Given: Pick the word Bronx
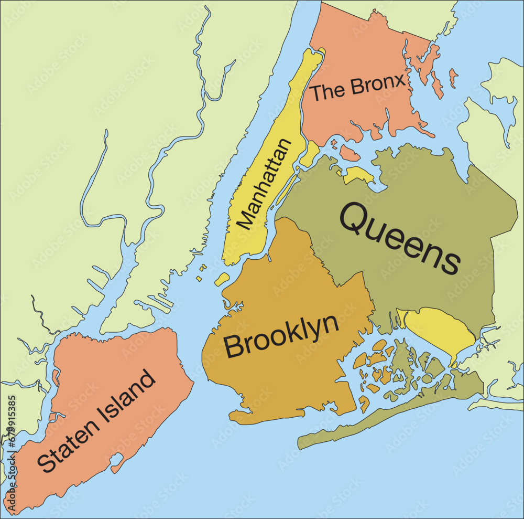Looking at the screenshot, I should click(x=378, y=85).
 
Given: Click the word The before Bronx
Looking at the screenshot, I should click(x=328, y=92).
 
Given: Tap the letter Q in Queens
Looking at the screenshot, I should click(x=357, y=220).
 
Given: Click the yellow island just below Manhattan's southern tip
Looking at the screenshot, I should click(x=222, y=279).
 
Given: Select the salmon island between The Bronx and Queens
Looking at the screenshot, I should click(x=349, y=153).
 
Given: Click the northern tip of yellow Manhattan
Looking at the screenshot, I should click(x=319, y=52).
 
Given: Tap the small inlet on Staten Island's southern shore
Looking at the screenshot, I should click(x=116, y=463).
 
